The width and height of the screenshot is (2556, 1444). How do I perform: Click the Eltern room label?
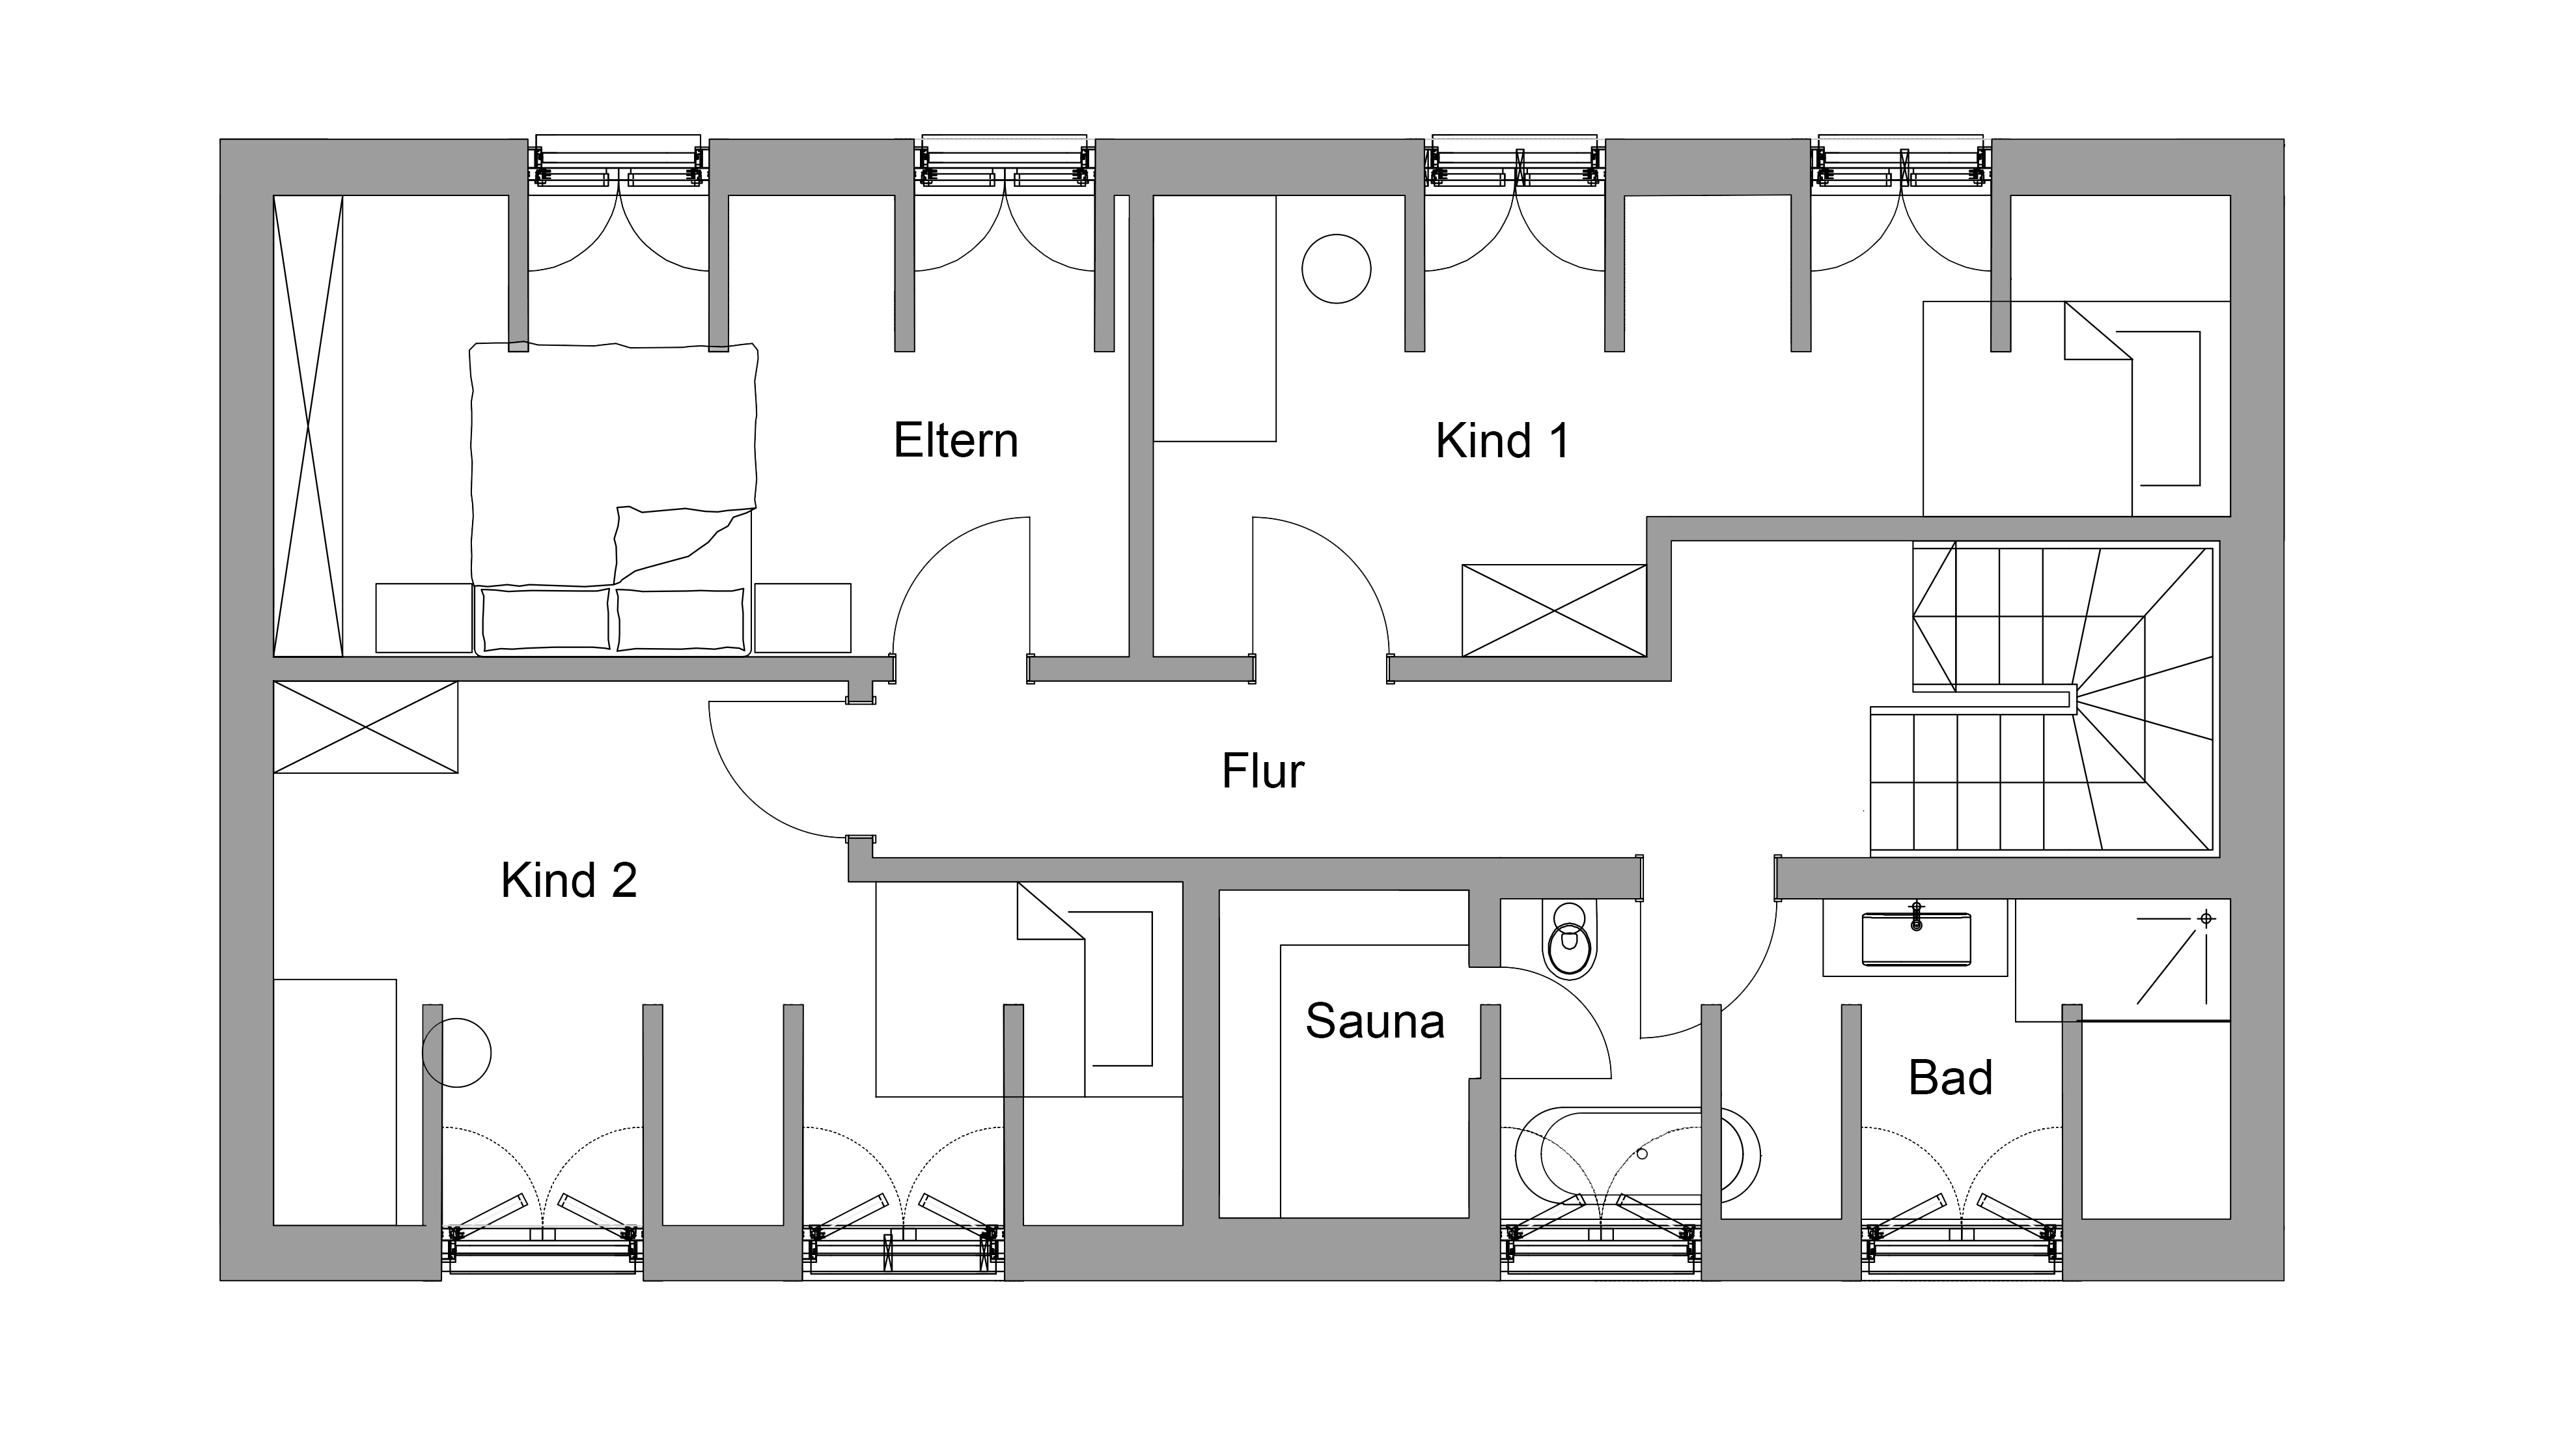click(956, 441)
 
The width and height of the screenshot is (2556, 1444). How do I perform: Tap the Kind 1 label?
click(1502, 441)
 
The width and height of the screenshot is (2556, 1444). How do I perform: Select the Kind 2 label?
click(568, 881)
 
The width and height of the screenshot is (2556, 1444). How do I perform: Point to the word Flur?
click(1262, 771)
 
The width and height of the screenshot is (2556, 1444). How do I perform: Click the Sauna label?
click(1374, 1021)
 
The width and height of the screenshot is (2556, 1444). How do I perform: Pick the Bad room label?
click(1950, 1078)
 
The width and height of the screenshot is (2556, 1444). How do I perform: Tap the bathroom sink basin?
click(1915, 939)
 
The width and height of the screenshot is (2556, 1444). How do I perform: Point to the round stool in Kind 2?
click(456, 1053)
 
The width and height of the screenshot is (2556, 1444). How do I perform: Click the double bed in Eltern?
click(613, 499)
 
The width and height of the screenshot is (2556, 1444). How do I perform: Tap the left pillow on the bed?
click(546, 619)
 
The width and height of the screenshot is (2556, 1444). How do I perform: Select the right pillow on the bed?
click(680, 619)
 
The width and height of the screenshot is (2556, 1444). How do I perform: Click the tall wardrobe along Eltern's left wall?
click(307, 426)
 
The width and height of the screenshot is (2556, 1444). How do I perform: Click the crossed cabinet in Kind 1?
click(1554, 610)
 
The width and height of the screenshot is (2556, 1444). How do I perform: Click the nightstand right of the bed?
click(801, 617)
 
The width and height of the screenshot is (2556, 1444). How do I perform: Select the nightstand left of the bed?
click(424, 617)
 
